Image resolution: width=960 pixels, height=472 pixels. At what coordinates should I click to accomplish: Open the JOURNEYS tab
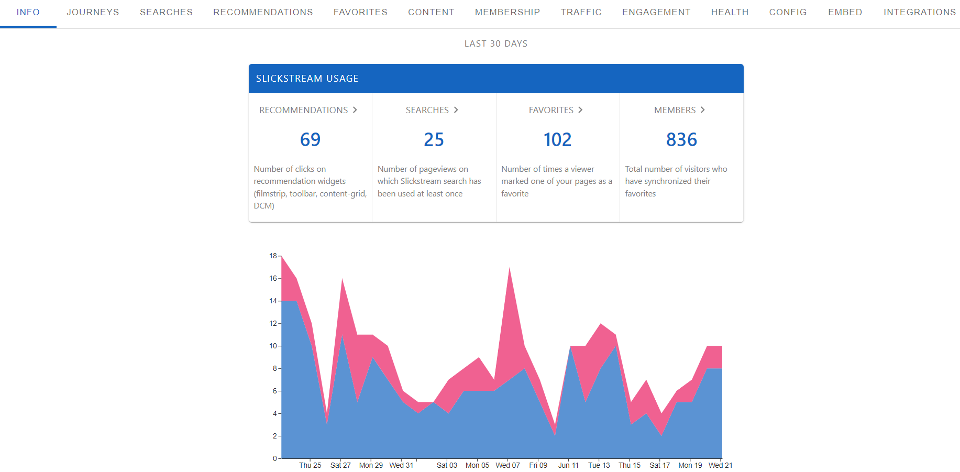[x=93, y=12]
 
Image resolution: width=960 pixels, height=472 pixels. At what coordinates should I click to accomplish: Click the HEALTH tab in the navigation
[x=730, y=12]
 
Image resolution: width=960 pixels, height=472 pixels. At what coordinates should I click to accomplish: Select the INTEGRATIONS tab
[x=919, y=12]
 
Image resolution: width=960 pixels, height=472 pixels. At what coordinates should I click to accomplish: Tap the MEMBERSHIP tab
[x=507, y=12]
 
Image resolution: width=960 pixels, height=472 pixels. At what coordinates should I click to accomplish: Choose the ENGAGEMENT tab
[x=656, y=12]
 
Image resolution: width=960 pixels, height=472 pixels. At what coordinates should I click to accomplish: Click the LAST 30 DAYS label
[x=495, y=43]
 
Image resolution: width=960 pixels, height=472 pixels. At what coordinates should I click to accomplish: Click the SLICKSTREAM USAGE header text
[x=307, y=79]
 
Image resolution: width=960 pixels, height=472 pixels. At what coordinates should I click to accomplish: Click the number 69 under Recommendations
[x=310, y=140]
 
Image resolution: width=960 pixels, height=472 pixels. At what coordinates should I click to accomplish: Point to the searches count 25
[x=434, y=140]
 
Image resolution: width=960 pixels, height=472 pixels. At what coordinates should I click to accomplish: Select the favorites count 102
[x=557, y=140]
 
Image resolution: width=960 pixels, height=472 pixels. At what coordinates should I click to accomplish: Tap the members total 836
[x=681, y=140]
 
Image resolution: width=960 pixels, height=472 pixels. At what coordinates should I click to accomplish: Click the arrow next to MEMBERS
[x=703, y=110]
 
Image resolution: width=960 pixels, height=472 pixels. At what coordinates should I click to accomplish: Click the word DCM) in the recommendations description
[x=264, y=206]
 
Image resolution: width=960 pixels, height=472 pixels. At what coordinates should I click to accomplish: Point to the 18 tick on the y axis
[x=273, y=256]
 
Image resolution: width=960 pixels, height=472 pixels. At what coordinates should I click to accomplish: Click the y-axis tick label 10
[x=273, y=346]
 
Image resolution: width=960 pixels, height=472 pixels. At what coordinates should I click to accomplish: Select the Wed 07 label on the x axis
[x=507, y=465]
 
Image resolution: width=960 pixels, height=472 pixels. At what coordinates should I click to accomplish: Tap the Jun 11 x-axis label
[x=568, y=465]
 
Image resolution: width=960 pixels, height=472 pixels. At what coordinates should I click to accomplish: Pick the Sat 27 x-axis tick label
[x=340, y=465]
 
